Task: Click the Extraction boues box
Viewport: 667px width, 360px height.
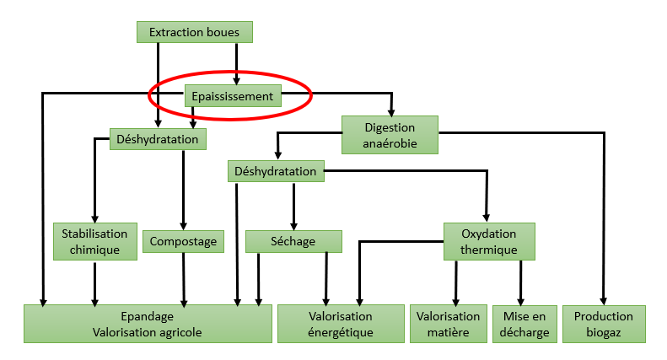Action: point(195,32)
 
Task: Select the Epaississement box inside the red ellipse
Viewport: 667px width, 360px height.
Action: point(233,96)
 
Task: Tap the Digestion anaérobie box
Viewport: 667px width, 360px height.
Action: point(390,135)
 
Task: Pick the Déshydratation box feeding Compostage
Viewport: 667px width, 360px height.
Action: point(158,139)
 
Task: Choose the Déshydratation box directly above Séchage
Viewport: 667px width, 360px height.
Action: point(276,171)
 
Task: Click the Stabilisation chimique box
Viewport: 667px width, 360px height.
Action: point(94,241)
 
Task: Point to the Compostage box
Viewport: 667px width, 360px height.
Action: point(183,241)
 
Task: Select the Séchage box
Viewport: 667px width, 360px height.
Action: point(293,241)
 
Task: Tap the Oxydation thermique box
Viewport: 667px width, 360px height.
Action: point(489,241)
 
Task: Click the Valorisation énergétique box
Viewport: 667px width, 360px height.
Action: point(341,324)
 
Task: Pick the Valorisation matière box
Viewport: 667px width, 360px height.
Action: point(449,324)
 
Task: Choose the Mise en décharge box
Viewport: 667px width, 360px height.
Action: point(524,324)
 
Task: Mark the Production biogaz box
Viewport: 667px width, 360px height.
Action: point(604,324)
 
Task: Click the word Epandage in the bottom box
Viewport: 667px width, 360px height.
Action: point(148,316)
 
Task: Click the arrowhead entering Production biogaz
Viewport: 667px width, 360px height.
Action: point(604,301)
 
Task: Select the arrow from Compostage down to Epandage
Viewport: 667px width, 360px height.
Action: point(184,280)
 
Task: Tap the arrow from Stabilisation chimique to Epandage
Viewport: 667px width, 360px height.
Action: point(94,284)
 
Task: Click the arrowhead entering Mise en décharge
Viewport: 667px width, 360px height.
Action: point(520,302)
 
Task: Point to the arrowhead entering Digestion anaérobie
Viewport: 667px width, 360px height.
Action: point(391,112)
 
